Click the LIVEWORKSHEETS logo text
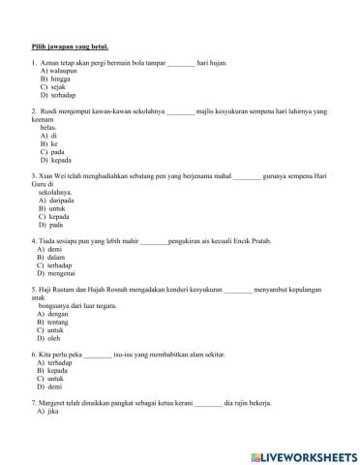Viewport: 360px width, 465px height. point(302,453)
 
